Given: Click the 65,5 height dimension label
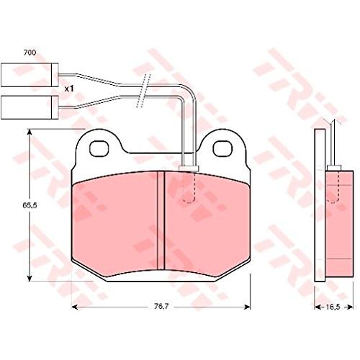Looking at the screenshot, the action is [x=30, y=205].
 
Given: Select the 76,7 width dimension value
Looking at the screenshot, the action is [x=161, y=306].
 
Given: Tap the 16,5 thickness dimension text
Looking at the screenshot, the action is [x=333, y=307].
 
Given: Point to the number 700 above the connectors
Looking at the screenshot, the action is [x=30, y=53].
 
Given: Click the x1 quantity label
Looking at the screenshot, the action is [x=69, y=89].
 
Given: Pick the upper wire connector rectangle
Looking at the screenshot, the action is [x=30, y=75].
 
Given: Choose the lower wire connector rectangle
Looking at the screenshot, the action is [x=30, y=107].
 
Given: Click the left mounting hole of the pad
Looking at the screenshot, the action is [x=99, y=148].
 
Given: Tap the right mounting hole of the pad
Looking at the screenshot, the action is [x=222, y=148].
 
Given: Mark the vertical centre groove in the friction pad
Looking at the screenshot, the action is [x=161, y=220].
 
